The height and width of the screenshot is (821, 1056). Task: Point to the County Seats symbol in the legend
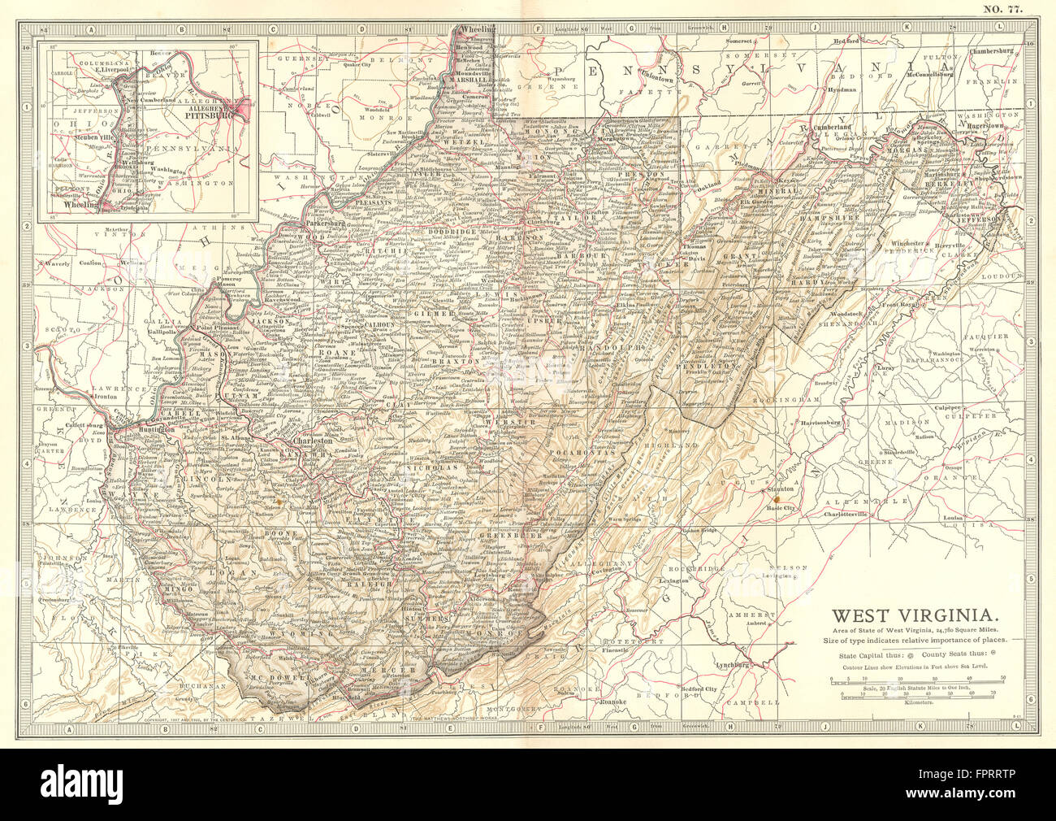click(996, 653)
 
